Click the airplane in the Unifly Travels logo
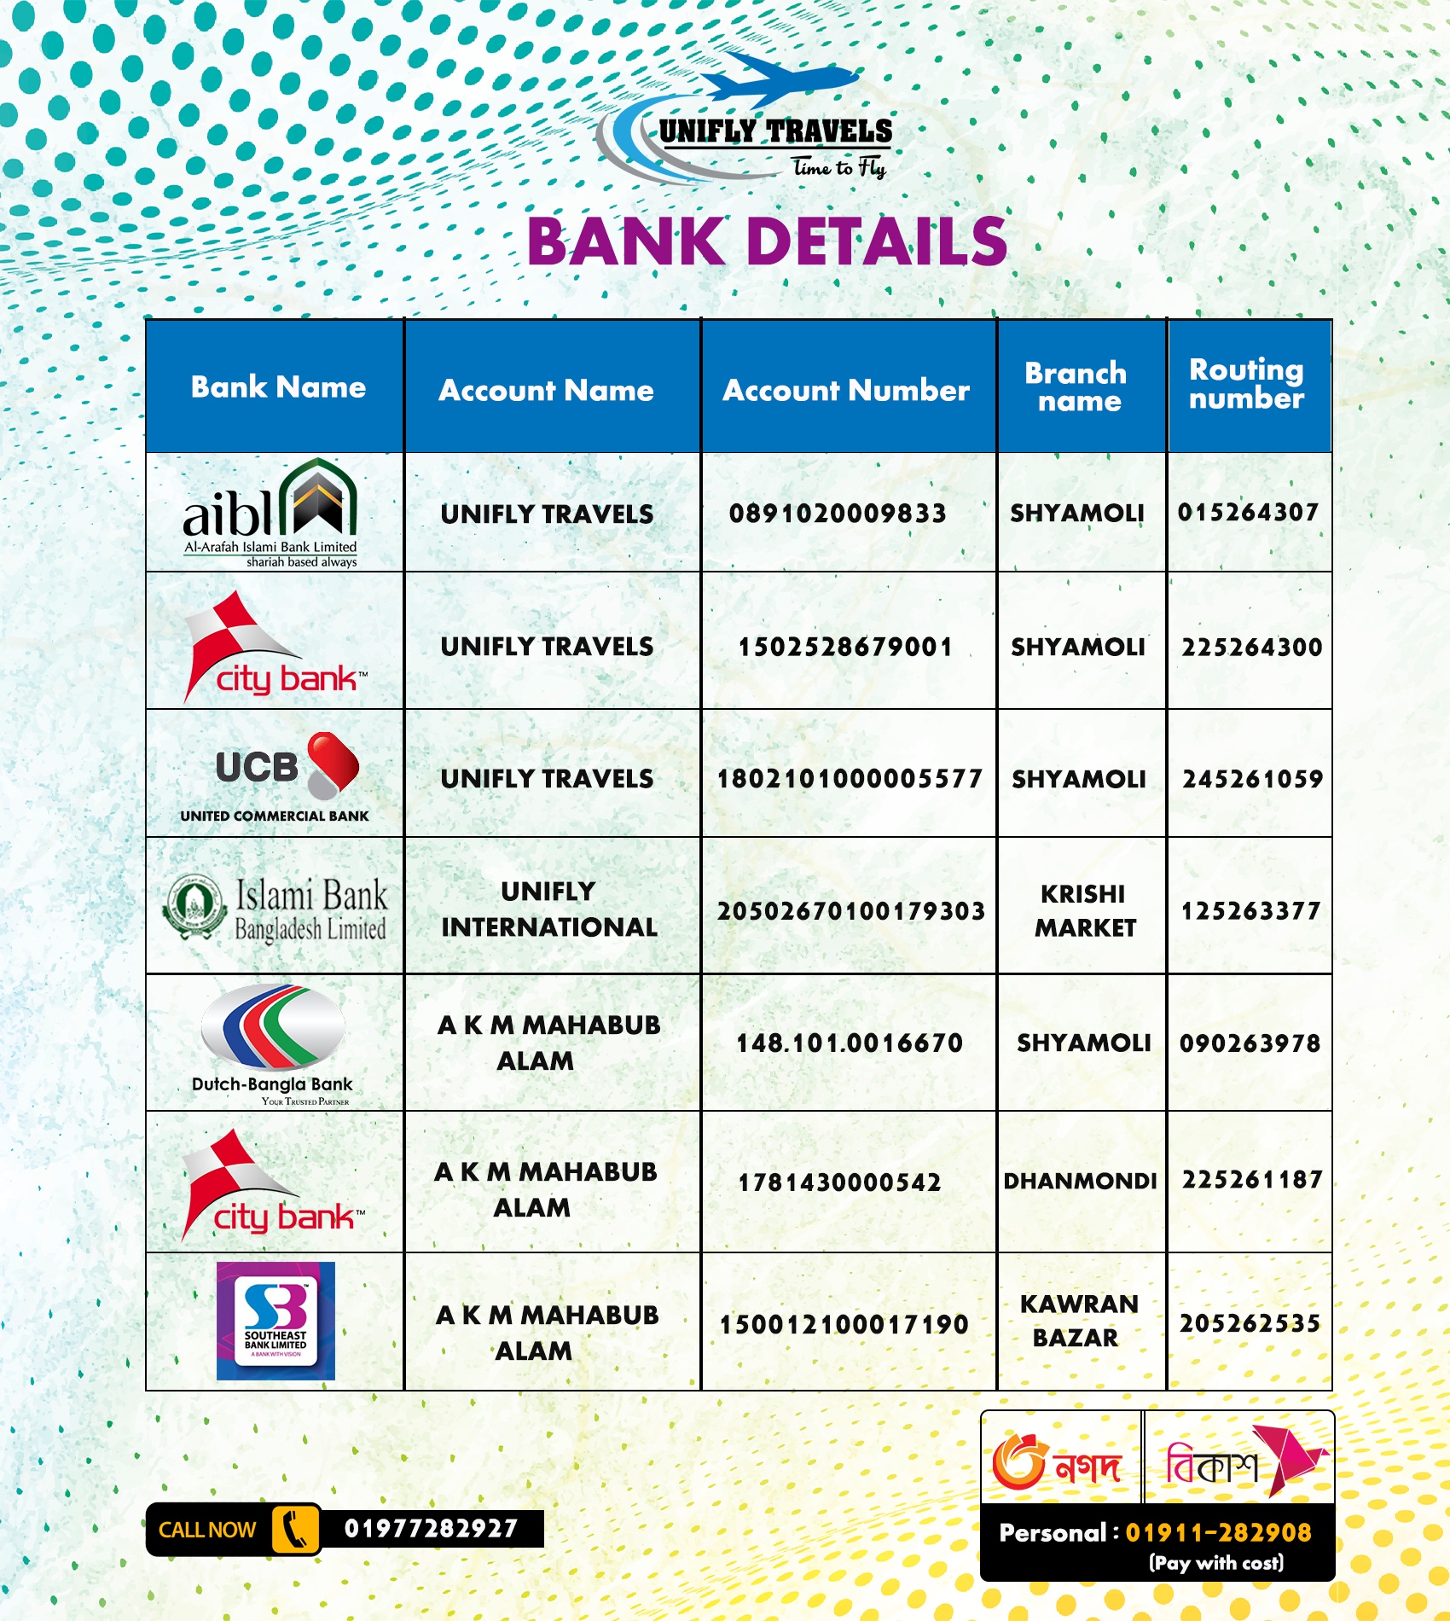(780, 78)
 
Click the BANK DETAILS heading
(768, 241)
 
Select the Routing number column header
(1247, 384)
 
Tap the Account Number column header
(846, 390)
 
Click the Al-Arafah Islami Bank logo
(271, 513)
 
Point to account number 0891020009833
(838, 513)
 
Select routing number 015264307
(1248, 512)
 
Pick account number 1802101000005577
(850, 778)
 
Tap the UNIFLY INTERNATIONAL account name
(548, 909)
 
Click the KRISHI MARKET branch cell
(1084, 910)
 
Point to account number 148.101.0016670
(850, 1043)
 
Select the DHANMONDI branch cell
(1080, 1181)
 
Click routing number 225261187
(1251, 1180)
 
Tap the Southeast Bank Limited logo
(275, 1321)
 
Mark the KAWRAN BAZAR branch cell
(1078, 1321)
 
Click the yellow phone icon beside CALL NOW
(295, 1530)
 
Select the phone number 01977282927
(431, 1528)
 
